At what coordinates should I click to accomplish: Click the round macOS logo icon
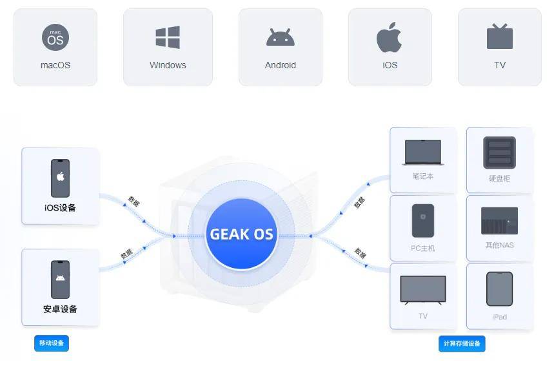pyautogui.click(x=55, y=37)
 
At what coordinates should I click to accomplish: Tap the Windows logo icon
pyautogui.click(x=168, y=37)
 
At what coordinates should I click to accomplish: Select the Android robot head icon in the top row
pyautogui.click(x=280, y=37)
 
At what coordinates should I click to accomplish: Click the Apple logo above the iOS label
pyautogui.click(x=389, y=37)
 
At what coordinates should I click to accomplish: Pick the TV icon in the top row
pyautogui.click(x=500, y=36)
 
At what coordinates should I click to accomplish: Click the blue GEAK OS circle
pyautogui.click(x=241, y=234)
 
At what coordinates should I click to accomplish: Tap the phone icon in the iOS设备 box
pyautogui.click(x=60, y=178)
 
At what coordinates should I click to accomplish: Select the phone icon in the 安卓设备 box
pyautogui.click(x=60, y=279)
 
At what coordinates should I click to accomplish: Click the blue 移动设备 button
pyautogui.click(x=52, y=343)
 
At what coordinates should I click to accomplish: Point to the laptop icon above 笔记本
pyautogui.click(x=423, y=153)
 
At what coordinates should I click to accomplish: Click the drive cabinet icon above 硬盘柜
pyautogui.click(x=499, y=153)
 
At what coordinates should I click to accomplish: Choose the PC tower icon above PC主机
pyautogui.click(x=423, y=220)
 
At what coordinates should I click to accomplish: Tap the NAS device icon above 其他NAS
pyautogui.click(x=499, y=221)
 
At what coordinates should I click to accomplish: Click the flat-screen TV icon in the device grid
pyautogui.click(x=423, y=290)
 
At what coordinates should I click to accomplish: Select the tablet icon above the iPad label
pyautogui.click(x=499, y=289)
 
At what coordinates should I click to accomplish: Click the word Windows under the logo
pyautogui.click(x=168, y=65)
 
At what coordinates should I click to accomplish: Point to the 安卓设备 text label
pyautogui.click(x=60, y=309)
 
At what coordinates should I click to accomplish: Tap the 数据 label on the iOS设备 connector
pyautogui.click(x=134, y=202)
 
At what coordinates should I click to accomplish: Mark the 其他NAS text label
pyautogui.click(x=499, y=245)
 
